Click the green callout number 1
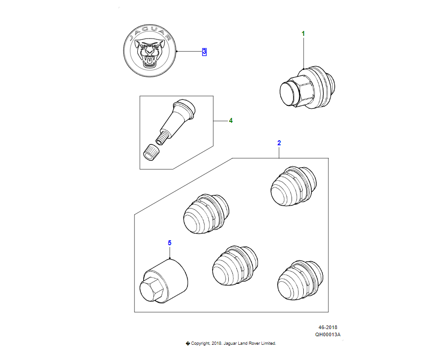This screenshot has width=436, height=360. [303, 34]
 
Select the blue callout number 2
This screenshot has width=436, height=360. [279, 143]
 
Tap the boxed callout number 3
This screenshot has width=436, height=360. [205, 52]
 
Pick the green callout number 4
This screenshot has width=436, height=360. [231, 121]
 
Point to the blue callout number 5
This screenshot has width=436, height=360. [170, 243]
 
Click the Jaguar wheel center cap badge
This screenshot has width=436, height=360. [150, 51]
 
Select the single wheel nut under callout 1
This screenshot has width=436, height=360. [307, 87]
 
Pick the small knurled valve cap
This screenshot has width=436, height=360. [151, 152]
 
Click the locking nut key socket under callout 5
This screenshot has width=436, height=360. [163, 281]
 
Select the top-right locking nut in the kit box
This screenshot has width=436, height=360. [293, 186]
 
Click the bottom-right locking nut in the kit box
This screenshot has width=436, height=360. [300, 280]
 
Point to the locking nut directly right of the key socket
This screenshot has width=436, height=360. [235, 265]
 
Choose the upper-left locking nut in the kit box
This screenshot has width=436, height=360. [206, 214]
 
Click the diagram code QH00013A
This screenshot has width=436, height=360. [327, 335]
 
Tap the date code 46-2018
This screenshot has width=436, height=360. [327, 327]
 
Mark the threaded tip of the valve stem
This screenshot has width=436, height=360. [161, 139]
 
